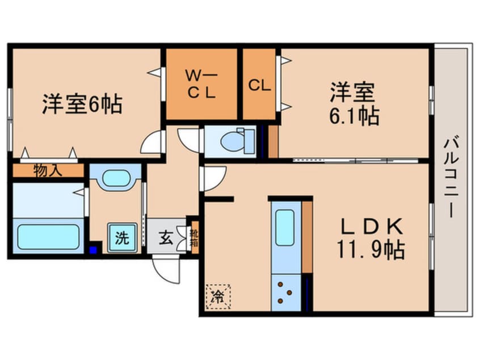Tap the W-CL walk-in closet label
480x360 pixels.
tap(201, 84)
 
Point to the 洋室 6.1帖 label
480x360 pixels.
tap(355, 103)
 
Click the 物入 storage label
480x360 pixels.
tap(48, 170)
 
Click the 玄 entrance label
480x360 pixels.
tap(165, 238)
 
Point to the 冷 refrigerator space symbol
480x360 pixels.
tap(217, 296)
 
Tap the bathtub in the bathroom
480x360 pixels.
tap(48, 237)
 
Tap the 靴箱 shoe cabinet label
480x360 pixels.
tap(195, 235)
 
